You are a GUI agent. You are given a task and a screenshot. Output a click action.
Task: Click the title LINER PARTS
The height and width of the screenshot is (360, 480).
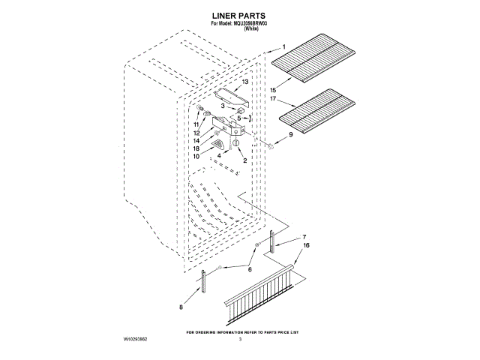pos(240,15)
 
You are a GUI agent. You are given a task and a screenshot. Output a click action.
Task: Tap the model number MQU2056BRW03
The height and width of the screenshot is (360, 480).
pos(253,24)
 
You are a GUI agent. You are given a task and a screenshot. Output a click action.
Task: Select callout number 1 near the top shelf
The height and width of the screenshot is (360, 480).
pos(283,47)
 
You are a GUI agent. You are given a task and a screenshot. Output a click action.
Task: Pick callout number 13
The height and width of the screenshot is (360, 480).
pos(244,81)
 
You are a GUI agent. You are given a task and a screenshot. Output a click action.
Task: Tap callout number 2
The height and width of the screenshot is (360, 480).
pos(244,160)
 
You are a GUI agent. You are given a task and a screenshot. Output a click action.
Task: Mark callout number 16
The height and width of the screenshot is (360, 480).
pos(306,245)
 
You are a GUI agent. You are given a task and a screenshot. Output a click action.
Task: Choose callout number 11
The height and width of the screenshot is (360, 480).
pos(196,124)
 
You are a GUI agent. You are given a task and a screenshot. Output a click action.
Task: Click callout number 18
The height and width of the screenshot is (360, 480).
pos(196,148)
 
